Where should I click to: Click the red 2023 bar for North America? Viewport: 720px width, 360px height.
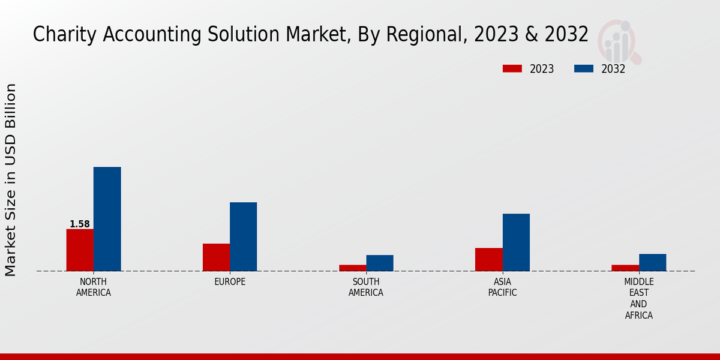pyautogui.click(x=80, y=250)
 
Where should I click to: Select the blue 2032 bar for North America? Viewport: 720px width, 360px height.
pyautogui.click(x=107, y=219)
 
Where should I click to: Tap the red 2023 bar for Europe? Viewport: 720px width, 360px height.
pyautogui.click(x=216, y=257)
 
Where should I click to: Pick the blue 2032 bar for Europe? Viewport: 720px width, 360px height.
pyautogui.click(x=243, y=236)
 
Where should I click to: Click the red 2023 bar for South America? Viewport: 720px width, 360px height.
pyautogui.click(x=352, y=268)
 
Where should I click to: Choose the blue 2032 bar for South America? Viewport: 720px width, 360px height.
pyautogui.click(x=380, y=263)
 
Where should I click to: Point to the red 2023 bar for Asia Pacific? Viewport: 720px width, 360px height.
pyautogui.click(x=488, y=259)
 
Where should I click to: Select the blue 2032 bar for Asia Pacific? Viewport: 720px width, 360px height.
pyautogui.click(x=516, y=242)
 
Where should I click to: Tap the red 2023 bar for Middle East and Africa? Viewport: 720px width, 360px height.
pyautogui.click(x=625, y=268)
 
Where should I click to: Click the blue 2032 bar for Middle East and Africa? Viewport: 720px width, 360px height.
pyautogui.click(x=652, y=262)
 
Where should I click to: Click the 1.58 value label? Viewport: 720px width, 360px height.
pyautogui.click(x=80, y=224)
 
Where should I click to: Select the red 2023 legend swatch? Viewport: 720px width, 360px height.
pyautogui.click(x=512, y=68)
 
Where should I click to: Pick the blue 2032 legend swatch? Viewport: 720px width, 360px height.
pyautogui.click(x=584, y=68)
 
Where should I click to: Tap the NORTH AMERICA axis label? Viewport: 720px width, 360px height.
pyautogui.click(x=94, y=287)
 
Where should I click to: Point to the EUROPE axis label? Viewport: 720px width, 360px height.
pyautogui.click(x=230, y=282)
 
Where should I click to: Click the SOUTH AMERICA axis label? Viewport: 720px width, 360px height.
pyautogui.click(x=366, y=287)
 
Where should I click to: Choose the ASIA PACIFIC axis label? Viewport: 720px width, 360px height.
pyautogui.click(x=502, y=287)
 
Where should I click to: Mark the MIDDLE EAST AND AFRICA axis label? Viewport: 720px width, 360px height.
pyautogui.click(x=638, y=298)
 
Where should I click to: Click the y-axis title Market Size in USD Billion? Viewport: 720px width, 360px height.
pyautogui.click(x=11, y=180)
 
